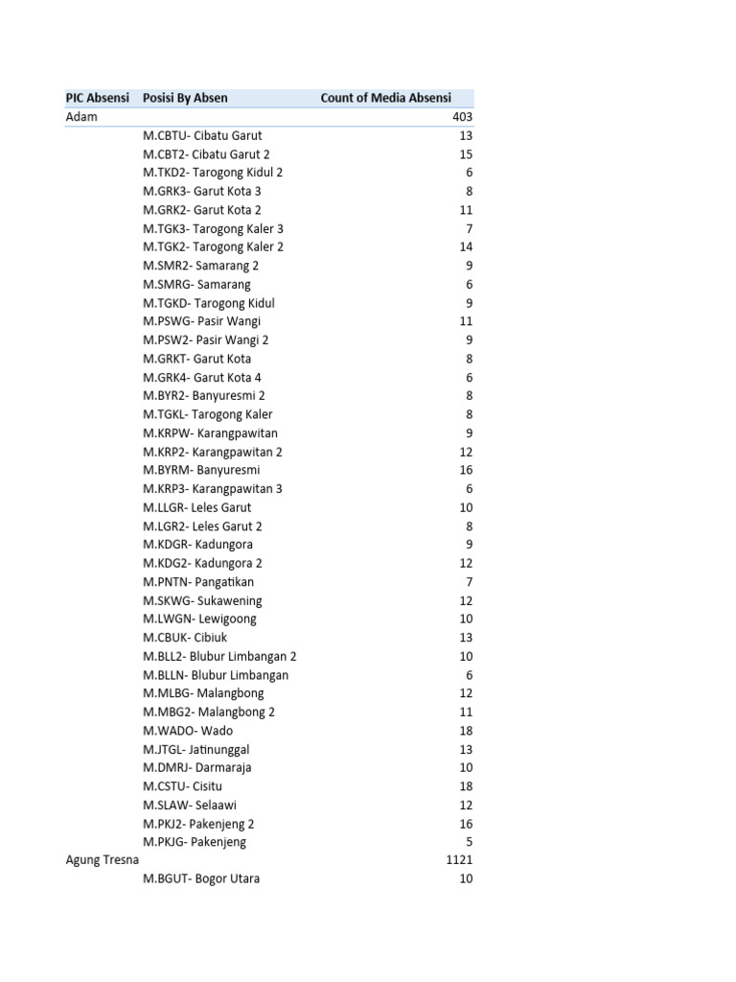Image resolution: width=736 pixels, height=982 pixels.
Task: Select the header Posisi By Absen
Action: (x=185, y=98)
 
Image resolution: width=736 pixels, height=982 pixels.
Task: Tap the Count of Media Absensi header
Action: (x=385, y=98)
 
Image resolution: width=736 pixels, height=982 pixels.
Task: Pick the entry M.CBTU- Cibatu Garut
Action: (x=202, y=135)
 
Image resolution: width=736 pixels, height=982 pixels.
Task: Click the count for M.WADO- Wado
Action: (x=466, y=731)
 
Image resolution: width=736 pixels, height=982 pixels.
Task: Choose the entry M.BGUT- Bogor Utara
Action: (x=201, y=878)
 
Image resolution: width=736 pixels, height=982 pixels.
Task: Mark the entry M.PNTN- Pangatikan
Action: (x=198, y=582)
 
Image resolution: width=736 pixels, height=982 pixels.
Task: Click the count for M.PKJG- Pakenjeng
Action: (x=469, y=842)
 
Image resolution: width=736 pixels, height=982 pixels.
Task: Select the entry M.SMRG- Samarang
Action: (x=196, y=284)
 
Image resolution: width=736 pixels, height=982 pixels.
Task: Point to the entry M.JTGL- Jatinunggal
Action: (x=196, y=749)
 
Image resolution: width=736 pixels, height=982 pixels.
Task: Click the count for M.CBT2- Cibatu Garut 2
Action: (x=466, y=154)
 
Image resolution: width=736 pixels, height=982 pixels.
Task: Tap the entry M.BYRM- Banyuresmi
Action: (x=201, y=470)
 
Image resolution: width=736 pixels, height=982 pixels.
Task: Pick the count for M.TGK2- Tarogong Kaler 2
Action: (x=466, y=246)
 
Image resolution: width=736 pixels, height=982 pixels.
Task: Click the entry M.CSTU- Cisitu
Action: (x=182, y=786)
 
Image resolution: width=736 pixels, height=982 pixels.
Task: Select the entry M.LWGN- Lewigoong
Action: (x=199, y=619)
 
